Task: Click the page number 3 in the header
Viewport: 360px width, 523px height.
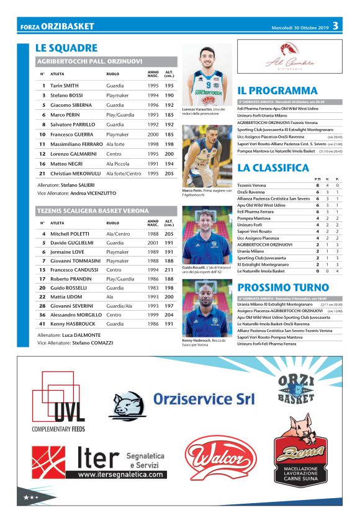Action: pyautogui.click(x=335, y=26)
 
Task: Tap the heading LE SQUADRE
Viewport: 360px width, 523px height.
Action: pyautogui.click(x=66, y=48)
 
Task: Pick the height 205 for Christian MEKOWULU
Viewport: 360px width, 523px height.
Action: pyautogui.click(x=169, y=174)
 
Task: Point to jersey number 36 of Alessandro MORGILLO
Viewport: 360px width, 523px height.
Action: pyautogui.click(x=43, y=315)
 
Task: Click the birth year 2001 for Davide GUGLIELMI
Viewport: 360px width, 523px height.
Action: pyautogui.click(x=153, y=243)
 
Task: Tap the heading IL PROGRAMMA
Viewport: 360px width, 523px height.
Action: pyautogui.click(x=277, y=91)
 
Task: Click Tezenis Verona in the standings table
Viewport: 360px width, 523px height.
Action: pyautogui.click(x=253, y=185)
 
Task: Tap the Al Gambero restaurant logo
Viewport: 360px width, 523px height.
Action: pyautogui.click(x=289, y=56)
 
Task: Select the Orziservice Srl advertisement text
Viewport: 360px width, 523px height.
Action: pyautogui.click(x=204, y=399)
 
